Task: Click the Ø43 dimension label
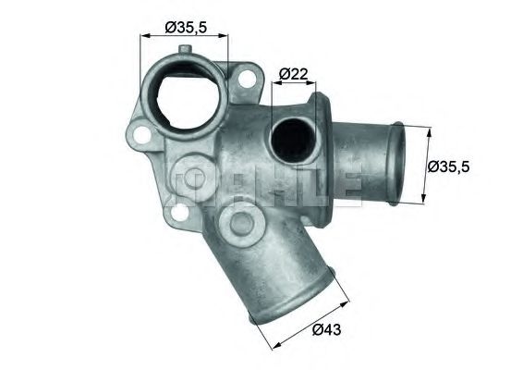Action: coord(330,328)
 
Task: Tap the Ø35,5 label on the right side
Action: coord(450,166)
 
